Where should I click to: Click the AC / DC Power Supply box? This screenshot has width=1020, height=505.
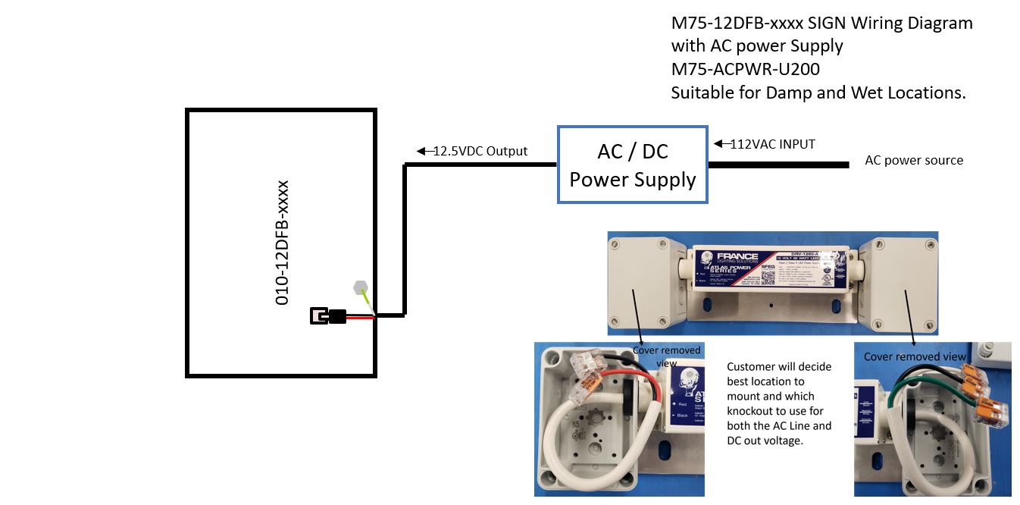[x=633, y=165]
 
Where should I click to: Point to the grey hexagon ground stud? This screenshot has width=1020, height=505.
[x=361, y=287]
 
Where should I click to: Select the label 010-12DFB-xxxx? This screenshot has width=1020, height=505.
[x=282, y=243]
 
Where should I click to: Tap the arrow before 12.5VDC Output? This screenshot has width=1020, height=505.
[x=423, y=151]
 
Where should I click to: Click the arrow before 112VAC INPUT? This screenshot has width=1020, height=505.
[x=719, y=143]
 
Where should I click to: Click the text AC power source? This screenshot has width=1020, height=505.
[x=914, y=161]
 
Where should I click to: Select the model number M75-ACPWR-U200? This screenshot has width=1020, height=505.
[x=745, y=69]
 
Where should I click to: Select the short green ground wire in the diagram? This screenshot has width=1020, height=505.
[x=369, y=303]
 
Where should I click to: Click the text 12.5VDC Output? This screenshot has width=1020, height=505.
[x=480, y=151]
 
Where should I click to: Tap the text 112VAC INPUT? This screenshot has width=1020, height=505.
[x=772, y=143]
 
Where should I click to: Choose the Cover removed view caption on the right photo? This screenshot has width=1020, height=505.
[x=915, y=356]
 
